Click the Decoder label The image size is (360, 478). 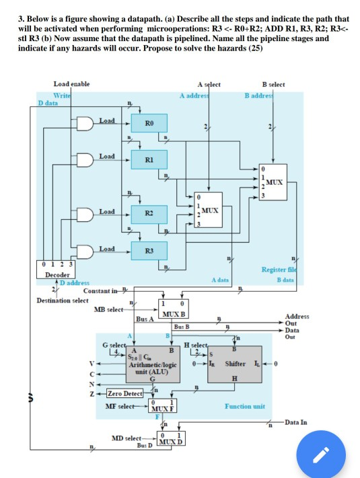(x=55, y=275)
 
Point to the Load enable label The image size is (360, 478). (x=71, y=83)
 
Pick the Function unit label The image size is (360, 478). (x=244, y=406)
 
